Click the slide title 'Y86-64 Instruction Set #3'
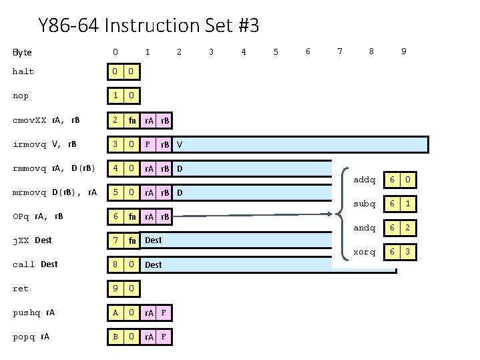point(149,26)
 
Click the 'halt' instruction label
point(23,71)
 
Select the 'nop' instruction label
point(21,96)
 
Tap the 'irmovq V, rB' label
point(43,144)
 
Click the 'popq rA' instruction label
point(31,337)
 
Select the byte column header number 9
point(403,51)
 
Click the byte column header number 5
point(276,51)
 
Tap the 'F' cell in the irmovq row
point(148,144)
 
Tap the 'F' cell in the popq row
point(164,337)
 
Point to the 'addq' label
point(364,180)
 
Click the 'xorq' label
point(364,252)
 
